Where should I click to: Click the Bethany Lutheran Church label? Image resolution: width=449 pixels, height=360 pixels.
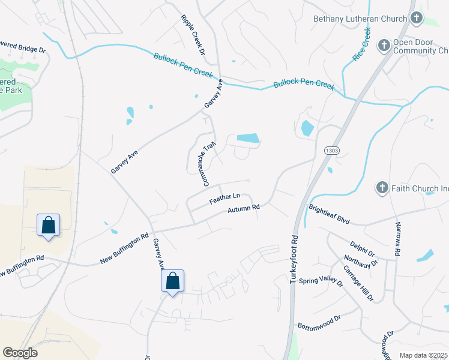click(x=360, y=19)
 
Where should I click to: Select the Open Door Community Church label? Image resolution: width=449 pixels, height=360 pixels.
click(x=421, y=47)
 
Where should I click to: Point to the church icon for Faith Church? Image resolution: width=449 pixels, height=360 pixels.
click(x=382, y=188)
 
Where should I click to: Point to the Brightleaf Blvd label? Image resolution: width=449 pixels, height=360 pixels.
click(x=329, y=214)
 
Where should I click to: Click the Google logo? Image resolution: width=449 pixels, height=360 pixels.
click(x=20, y=353)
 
